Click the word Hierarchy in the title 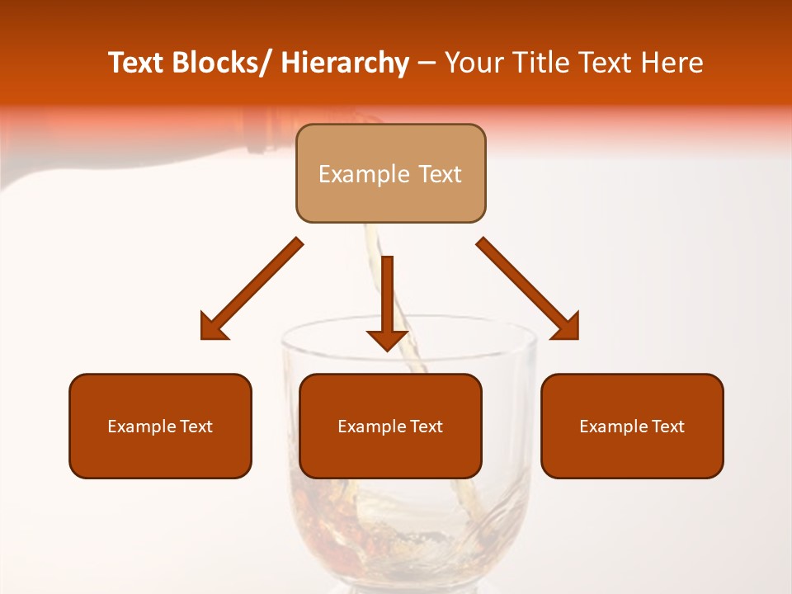[345, 63]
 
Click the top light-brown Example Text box [390, 173]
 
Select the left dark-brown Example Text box [160, 426]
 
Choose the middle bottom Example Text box [390, 426]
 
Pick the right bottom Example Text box [632, 426]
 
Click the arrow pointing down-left [252, 289]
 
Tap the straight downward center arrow [388, 301]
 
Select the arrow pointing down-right [528, 289]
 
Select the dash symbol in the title [427, 64]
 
